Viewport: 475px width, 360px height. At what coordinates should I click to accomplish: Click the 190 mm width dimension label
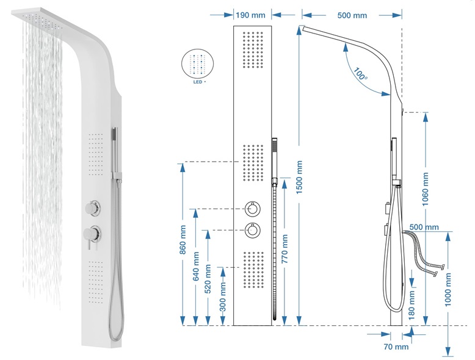(250, 15)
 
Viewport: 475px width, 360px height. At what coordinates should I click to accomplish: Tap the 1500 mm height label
(299, 178)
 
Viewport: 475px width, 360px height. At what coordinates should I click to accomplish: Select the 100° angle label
(360, 74)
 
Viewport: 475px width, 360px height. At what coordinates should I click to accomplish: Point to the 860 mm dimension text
(183, 239)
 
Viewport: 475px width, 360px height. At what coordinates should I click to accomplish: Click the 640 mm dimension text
(196, 266)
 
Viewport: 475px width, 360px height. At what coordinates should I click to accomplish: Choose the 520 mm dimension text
(208, 279)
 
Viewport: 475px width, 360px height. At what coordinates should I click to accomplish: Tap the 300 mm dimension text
(223, 297)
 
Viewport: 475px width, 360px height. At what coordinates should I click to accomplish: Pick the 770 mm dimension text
(285, 249)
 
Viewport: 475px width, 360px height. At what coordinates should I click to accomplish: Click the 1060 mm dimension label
(426, 189)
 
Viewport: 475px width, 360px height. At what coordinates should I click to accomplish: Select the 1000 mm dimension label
(448, 289)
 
